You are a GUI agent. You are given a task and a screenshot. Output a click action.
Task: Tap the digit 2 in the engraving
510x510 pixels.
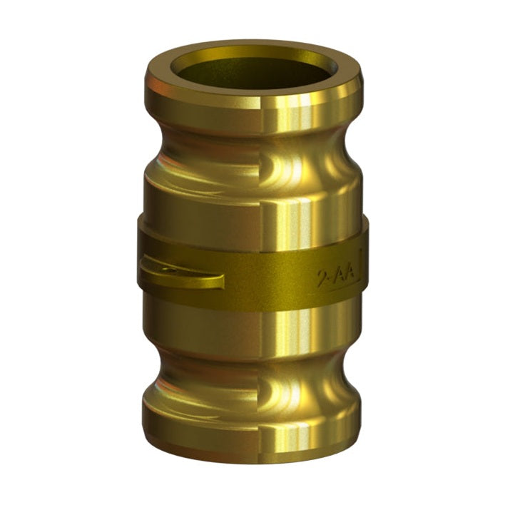(322, 277)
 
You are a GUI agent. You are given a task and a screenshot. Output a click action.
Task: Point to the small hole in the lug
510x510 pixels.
(165, 268)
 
